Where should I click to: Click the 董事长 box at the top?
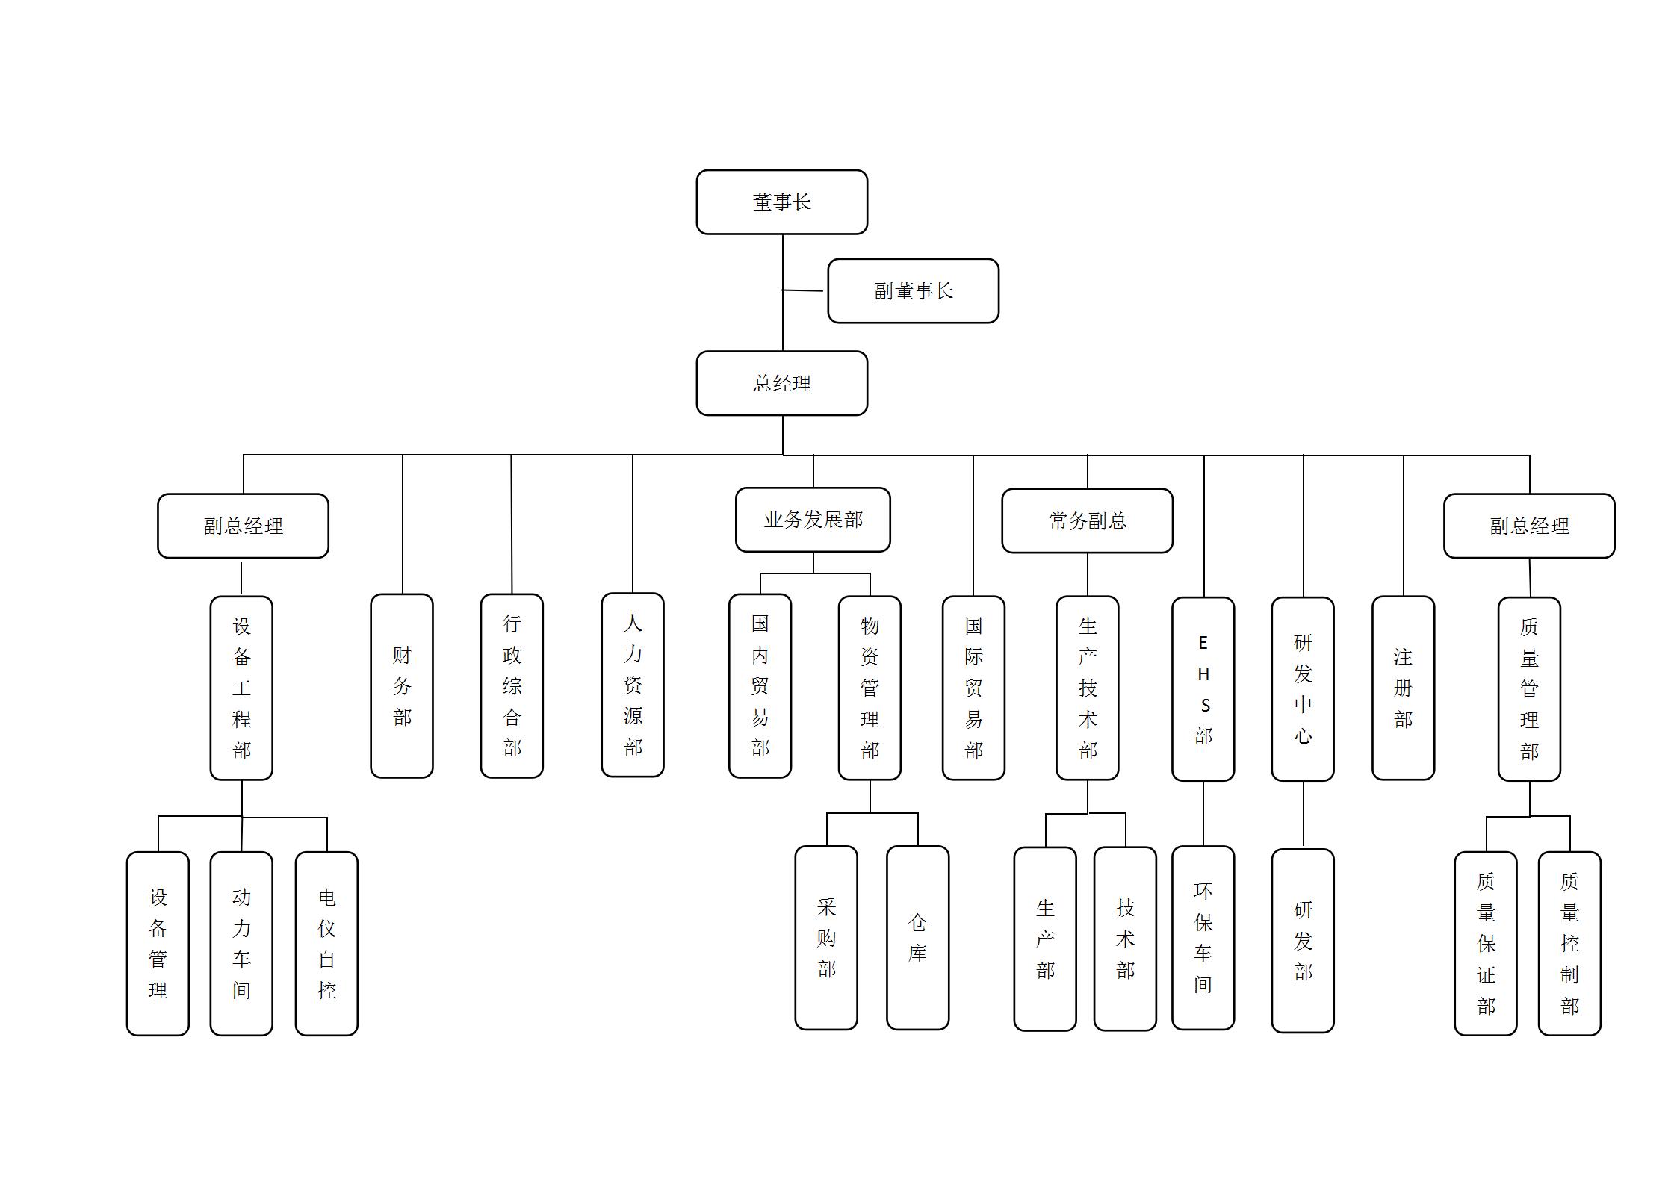coord(781,202)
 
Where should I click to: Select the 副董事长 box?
coord(913,291)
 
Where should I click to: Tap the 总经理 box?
coord(781,383)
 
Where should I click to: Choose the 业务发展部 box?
coord(813,520)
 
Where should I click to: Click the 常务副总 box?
coord(1087,520)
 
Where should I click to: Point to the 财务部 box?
coord(402,685)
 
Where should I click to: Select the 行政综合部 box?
coord(512,685)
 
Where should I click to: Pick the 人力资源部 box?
coord(633,685)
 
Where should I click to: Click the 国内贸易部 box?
coord(760,685)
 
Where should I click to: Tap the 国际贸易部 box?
coord(973,687)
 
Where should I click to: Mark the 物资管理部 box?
coord(870,687)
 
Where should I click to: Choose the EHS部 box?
coord(1203,688)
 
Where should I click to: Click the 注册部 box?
coord(1403,687)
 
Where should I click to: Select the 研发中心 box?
coord(1303,688)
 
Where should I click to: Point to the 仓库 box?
coord(917,937)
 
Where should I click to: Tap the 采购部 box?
coord(826,937)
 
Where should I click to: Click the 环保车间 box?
coord(1203,937)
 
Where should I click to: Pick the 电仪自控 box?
coord(326,943)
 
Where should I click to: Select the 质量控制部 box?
coord(1569,943)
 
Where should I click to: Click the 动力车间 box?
coord(241,943)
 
